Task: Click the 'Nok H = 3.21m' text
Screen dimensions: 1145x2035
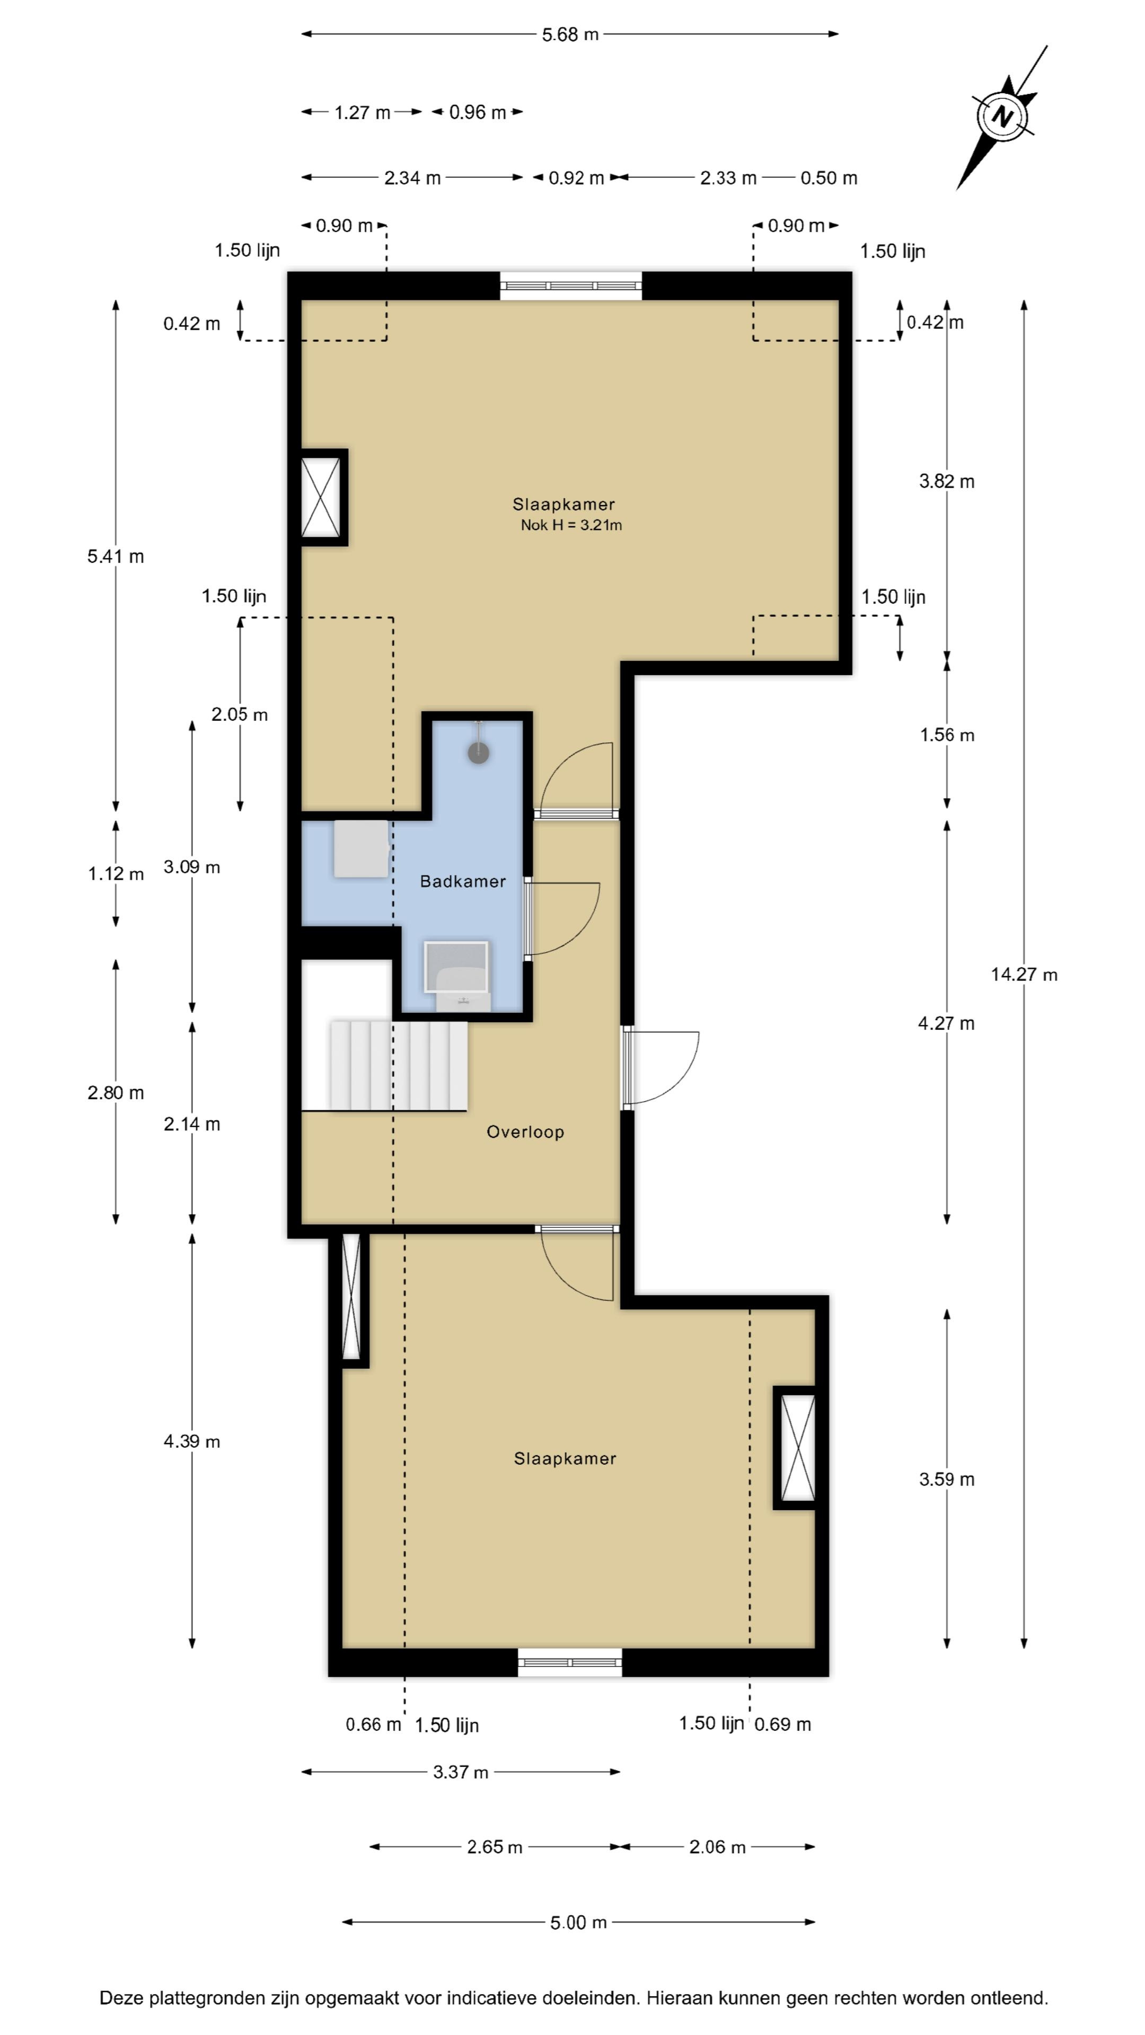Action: click(571, 525)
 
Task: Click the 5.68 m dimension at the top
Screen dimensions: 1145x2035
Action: click(570, 35)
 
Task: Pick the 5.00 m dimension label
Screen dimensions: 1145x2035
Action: click(578, 1922)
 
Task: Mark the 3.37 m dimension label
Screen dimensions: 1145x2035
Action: click(461, 1772)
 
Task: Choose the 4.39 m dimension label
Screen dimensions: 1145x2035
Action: click(192, 1441)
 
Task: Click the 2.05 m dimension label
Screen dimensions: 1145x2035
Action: click(240, 714)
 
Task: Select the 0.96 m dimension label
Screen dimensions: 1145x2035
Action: click(477, 112)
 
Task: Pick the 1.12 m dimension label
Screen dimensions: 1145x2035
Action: click(116, 874)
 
